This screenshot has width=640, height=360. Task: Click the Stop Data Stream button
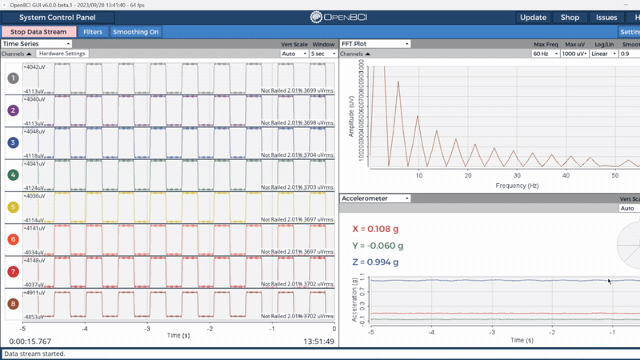[39, 32]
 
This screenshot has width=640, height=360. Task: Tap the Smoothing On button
[135, 32]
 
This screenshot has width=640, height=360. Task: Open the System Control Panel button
[58, 17]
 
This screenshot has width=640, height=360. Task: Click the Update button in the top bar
[533, 17]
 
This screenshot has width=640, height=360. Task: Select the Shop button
[570, 17]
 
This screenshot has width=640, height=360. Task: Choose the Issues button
[606, 17]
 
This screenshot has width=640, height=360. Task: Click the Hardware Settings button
[62, 54]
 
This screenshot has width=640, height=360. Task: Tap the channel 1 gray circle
[12, 78]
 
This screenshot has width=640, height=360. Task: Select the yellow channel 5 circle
[12, 207]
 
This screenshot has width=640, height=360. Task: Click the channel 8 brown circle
[12, 304]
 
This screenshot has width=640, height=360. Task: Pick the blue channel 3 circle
[12, 142]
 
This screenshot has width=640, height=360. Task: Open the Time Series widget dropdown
[37, 44]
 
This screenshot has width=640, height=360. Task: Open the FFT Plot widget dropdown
[375, 44]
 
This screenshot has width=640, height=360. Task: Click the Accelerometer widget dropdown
[375, 198]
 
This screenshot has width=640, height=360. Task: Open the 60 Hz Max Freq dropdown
[545, 54]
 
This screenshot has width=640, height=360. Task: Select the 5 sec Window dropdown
[322, 54]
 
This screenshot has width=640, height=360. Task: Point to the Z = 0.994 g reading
[375, 262]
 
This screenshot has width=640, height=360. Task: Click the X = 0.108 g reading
[376, 229]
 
